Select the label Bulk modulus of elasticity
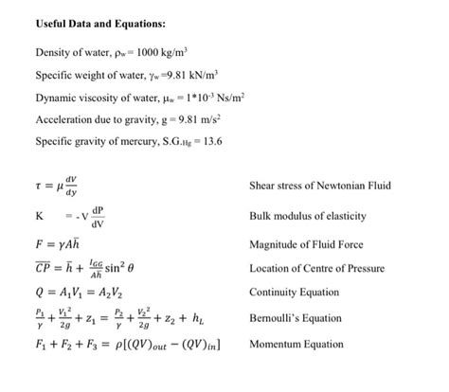point(308,216)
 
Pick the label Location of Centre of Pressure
point(316,269)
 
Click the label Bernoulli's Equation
point(295,318)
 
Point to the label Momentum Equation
point(296,345)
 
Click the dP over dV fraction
point(98,217)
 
